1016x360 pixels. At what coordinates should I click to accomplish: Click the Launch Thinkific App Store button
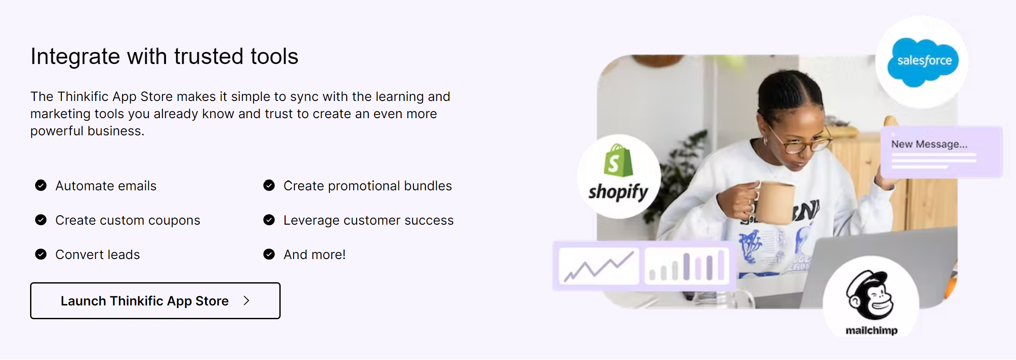[x=155, y=301]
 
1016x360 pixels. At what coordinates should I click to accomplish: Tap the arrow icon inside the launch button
[x=246, y=301]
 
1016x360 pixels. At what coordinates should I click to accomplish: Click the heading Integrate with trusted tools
[x=164, y=56]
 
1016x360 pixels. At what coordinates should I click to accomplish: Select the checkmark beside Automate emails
[x=41, y=185]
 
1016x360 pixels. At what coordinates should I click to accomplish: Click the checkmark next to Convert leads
[x=41, y=254]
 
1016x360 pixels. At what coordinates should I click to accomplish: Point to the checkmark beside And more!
[x=269, y=254]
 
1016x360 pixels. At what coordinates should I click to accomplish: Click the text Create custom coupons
[x=128, y=220]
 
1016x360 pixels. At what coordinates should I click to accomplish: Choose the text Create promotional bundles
[x=367, y=186]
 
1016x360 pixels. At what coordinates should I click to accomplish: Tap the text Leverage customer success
[x=368, y=220]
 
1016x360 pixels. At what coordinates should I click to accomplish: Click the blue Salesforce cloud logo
[x=923, y=61]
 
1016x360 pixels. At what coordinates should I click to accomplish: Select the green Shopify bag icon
[x=618, y=160]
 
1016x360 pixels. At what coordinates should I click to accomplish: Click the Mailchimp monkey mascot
[x=870, y=295]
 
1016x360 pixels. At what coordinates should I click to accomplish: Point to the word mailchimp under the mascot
[x=872, y=330]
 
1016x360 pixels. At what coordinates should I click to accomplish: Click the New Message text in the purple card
[x=929, y=144]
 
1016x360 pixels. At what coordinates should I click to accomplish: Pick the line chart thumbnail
[x=599, y=265]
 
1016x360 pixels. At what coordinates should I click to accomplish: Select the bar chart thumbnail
[x=687, y=265]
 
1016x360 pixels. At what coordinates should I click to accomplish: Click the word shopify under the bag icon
[x=618, y=192]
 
